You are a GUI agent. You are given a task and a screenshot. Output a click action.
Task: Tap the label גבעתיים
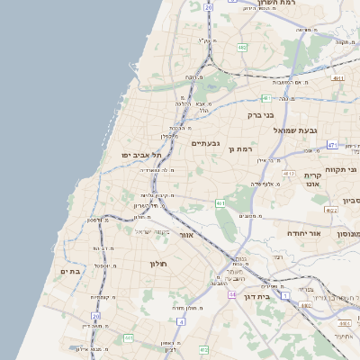205,143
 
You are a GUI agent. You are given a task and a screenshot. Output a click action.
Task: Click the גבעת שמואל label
299,130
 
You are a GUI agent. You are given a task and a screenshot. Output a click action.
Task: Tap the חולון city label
157,263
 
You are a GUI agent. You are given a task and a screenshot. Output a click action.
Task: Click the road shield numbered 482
243,46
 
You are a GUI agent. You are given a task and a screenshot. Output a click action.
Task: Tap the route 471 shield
332,145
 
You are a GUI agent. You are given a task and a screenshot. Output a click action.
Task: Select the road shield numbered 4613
288,172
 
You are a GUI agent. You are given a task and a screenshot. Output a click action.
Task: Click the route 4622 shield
330,210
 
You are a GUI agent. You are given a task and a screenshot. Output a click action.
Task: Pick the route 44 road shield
232,294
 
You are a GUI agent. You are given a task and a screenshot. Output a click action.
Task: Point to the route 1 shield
285,295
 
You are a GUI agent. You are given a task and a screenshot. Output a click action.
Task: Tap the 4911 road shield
337,78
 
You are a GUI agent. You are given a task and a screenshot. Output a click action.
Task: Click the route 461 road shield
220,204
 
